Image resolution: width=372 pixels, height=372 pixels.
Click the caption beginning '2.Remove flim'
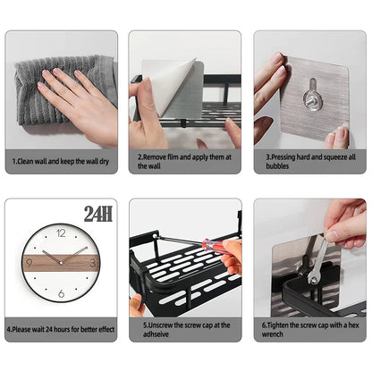click(x=184, y=160)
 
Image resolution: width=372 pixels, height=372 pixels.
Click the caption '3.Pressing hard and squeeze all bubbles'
click(x=309, y=160)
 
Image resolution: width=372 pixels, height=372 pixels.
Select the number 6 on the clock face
click(x=61, y=293)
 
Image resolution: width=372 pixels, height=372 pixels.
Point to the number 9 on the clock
click(x=30, y=263)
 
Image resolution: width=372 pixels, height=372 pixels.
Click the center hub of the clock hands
click(x=61, y=263)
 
